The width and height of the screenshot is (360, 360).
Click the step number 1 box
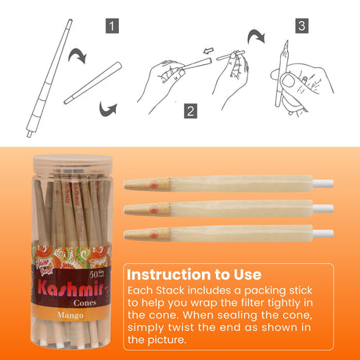(113, 26)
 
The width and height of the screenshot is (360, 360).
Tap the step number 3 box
(302, 26)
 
